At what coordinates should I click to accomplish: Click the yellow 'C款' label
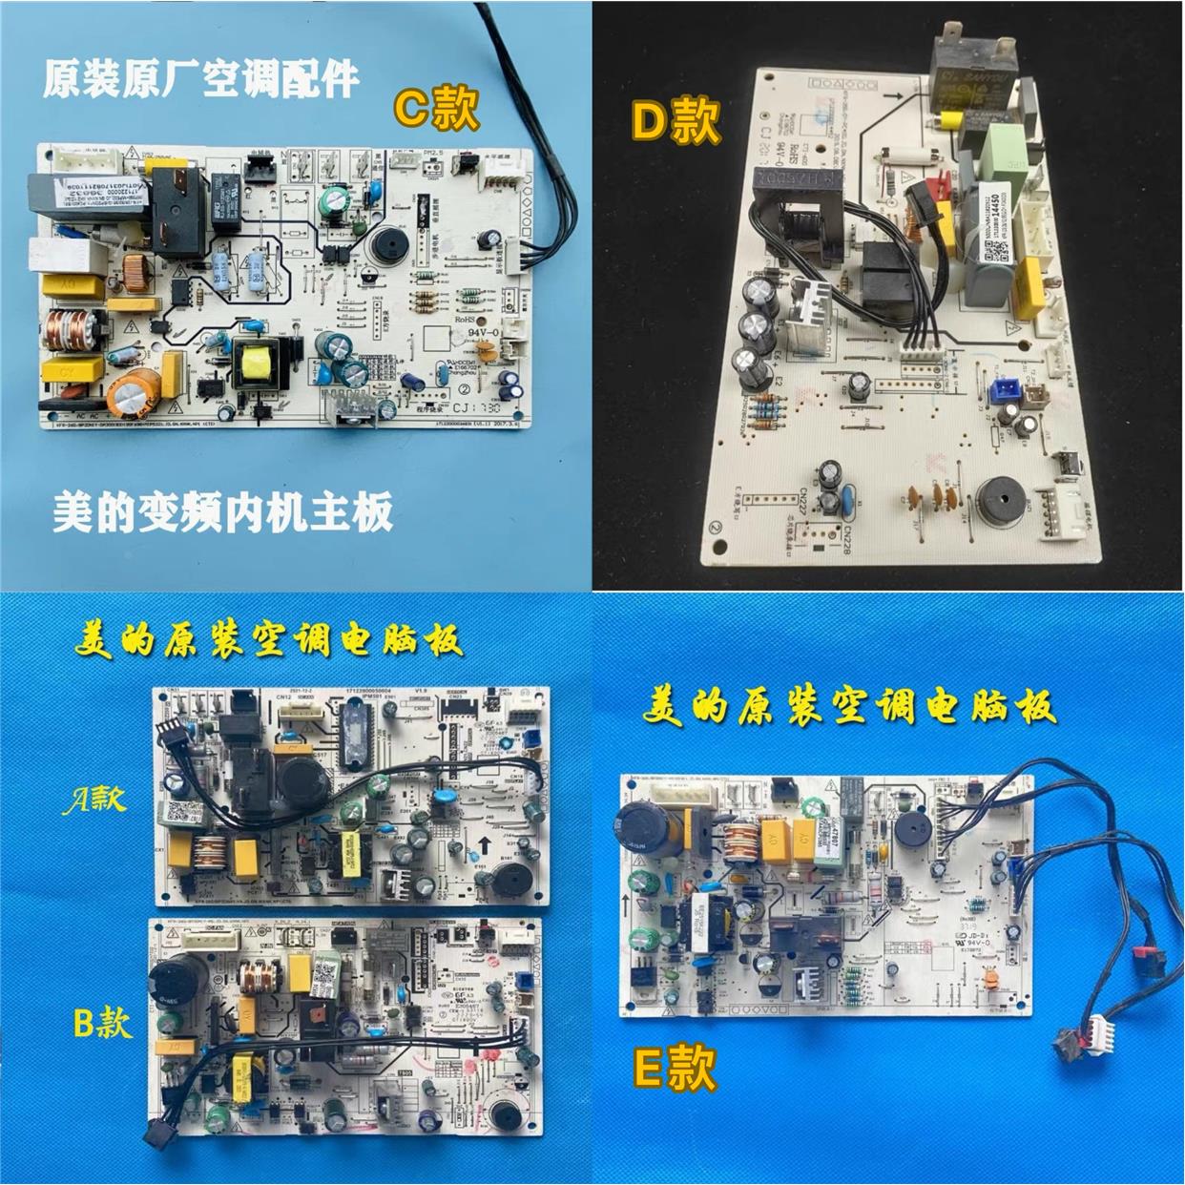pyautogui.click(x=437, y=109)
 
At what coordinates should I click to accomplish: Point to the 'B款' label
pyautogui.click(x=102, y=1023)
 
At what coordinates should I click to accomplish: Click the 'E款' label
pyautogui.click(x=675, y=1067)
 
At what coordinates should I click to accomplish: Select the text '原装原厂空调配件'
pyautogui.click(x=200, y=80)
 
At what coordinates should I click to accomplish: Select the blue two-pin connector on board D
pyautogui.click(x=1004, y=388)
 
